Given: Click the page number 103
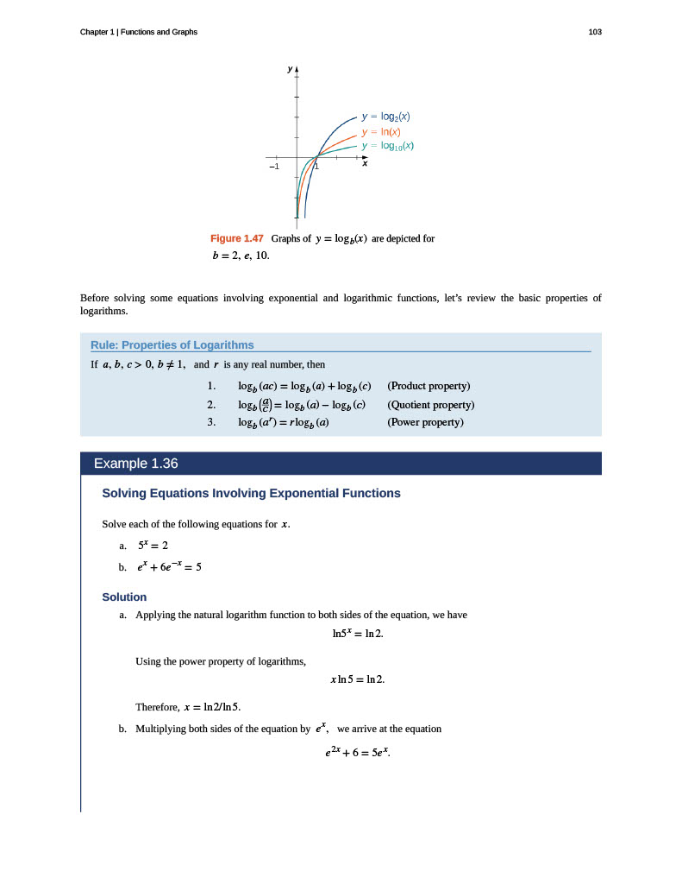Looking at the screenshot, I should (x=595, y=32).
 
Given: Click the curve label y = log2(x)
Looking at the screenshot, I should (x=385, y=116).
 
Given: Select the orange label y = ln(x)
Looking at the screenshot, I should (x=380, y=131).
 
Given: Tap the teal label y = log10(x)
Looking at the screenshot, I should (x=388, y=146).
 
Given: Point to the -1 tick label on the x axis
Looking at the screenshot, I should (x=273, y=166).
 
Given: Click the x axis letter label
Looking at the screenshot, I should (x=365, y=163).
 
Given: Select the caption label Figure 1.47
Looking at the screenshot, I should (x=236, y=238).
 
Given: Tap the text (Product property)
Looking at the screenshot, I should (x=429, y=385).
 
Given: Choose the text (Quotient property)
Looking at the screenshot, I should (x=431, y=404).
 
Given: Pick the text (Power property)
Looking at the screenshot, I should (x=426, y=422).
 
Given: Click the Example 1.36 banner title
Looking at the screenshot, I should (x=135, y=464).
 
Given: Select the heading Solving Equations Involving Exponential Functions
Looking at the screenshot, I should (x=251, y=494).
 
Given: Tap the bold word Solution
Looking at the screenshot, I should (x=124, y=597).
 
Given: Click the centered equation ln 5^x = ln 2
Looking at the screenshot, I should (x=358, y=635).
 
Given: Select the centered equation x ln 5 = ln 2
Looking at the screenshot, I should (x=358, y=679).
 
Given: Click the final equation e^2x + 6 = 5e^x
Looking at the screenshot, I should (x=358, y=753).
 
